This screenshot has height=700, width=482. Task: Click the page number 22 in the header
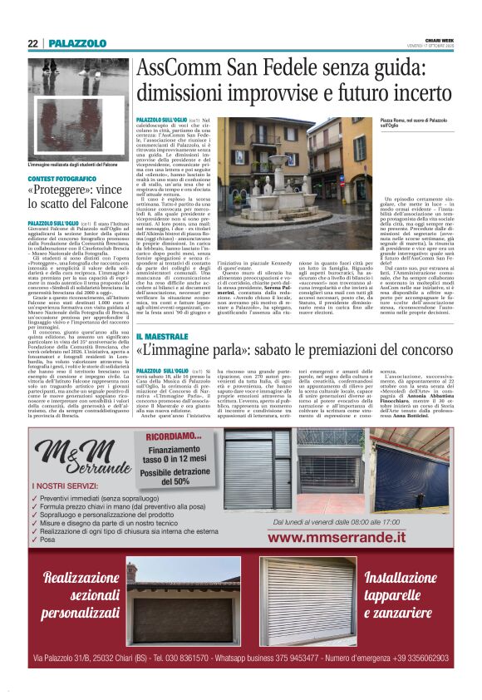[32, 43]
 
